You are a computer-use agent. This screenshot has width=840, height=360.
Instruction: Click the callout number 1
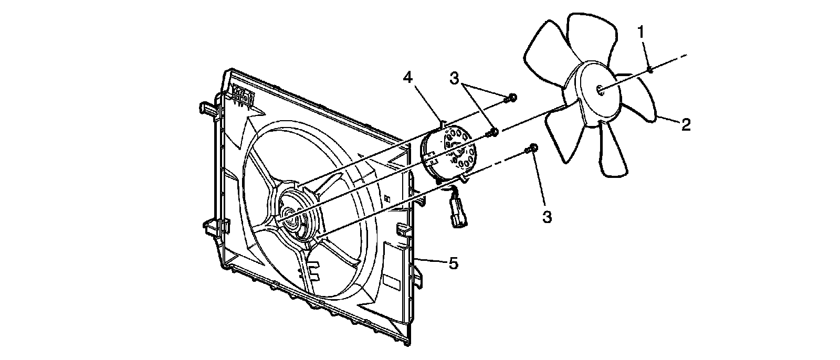tap(640, 32)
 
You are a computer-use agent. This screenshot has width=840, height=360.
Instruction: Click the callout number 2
tap(686, 124)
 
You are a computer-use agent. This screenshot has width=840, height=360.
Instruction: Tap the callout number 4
tap(408, 77)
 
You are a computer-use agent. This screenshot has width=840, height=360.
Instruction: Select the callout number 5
tap(453, 262)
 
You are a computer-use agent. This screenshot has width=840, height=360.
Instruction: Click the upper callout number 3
tap(455, 78)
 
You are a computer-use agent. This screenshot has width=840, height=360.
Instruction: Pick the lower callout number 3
tap(547, 216)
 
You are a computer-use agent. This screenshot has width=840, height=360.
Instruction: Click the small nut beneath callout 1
tap(650, 69)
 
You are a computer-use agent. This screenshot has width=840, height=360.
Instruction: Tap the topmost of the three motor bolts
tap(512, 97)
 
